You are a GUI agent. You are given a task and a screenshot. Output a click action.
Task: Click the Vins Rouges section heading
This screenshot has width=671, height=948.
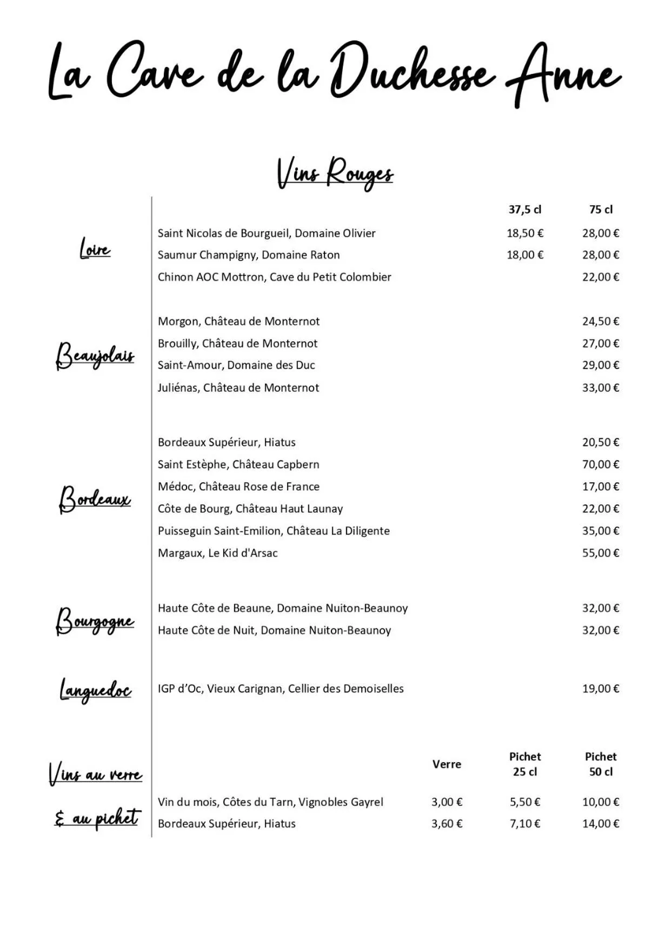(335, 173)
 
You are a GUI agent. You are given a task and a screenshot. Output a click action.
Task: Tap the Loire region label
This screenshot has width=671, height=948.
(95, 249)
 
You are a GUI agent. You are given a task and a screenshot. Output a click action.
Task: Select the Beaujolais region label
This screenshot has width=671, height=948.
(95, 356)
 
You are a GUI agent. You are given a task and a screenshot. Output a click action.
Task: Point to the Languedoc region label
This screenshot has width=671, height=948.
(96, 690)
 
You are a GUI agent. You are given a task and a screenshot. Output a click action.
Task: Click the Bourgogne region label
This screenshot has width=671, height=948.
(95, 621)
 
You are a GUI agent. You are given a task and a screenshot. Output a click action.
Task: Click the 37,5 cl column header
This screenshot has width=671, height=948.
(524, 210)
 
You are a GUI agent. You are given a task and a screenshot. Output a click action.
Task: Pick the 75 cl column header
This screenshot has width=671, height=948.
(601, 210)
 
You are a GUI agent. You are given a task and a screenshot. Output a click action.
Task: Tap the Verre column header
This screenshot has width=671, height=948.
(447, 764)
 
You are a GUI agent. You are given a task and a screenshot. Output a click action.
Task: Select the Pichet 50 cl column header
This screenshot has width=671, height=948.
(601, 764)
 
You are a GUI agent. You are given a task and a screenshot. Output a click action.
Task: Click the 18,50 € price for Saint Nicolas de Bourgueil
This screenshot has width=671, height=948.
(524, 233)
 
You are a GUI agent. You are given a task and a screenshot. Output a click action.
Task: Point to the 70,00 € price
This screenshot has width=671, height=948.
(600, 464)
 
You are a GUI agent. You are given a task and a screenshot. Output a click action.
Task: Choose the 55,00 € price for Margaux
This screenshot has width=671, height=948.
(600, 553)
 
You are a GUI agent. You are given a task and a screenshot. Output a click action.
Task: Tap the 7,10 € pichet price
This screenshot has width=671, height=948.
(524, 824)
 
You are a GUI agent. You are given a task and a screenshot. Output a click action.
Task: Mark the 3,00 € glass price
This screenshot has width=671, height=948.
(447, 802)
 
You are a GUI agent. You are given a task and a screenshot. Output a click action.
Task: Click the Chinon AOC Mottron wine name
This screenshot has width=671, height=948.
(274, 277)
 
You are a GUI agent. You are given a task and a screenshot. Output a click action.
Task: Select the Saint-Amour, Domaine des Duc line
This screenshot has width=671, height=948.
(236, 365)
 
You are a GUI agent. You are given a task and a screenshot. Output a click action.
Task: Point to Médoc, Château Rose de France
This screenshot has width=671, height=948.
(238, 486)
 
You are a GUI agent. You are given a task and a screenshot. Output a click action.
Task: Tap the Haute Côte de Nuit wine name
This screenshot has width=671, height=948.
(274, 630)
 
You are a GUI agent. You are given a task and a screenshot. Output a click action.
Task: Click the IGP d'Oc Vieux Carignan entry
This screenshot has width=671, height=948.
(281, 689)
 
